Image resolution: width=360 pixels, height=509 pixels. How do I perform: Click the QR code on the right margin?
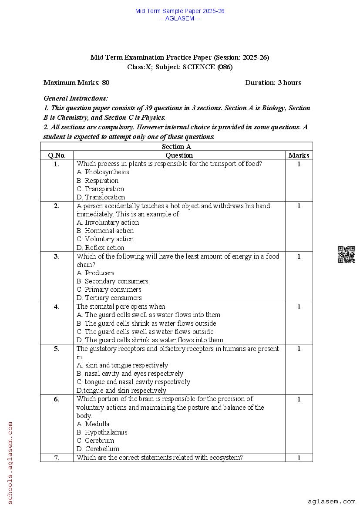pyautogui.click(x=346, y=255)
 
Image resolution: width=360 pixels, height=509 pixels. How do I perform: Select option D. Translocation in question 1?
pyautogui.click(x=101, y=197)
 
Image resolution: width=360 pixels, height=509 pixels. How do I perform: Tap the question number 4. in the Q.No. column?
pyautogui.click(x=57, y=307)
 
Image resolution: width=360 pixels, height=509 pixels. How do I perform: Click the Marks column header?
pyautogui.click(x=299, y=155)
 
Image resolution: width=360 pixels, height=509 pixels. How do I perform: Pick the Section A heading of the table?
pyautogui.click(x=176, y=147)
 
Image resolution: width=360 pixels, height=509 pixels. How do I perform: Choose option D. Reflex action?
pyautogui.click(x=100, y=248)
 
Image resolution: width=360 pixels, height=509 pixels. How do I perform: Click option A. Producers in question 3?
pyautogui.click(x=95, y=273)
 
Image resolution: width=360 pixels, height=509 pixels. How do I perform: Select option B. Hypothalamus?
pyautogui.click(x=102, y=432)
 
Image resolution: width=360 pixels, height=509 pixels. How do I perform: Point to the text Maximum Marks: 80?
pyautogui.click(x=77, y=83)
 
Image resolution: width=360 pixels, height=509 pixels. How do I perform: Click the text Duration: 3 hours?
pyautogui.click(x=273, y=83)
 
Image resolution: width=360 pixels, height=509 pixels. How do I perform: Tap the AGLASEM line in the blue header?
pyautogui.click(x=180, y=18)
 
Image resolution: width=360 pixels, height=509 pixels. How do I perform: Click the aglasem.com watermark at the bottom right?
pyautogui.click(x=331, y=502)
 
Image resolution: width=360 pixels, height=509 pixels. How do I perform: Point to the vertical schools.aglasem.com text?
pyautogui.click(x=10, y=462)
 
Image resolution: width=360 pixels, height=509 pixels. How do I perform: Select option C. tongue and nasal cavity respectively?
pyautogui.click(x=133, y=382)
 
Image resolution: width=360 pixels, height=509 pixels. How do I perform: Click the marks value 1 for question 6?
pyautogui.click(x=299, y=399)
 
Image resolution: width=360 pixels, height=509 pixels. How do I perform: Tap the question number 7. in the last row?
pyautogui.click(x=57, y=458)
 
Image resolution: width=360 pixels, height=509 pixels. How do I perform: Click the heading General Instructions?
pyautogui.click(x=76, y=99)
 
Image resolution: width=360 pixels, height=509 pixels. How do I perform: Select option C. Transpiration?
pyautogui.click(x=100, y=189)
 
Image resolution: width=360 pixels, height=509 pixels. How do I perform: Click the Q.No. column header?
pyautogui.click(x=57, y=155)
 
